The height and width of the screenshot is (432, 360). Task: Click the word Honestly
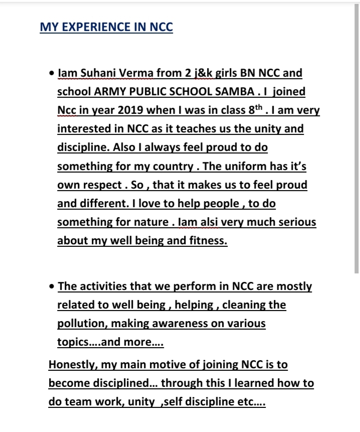(x=71, y=365)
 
